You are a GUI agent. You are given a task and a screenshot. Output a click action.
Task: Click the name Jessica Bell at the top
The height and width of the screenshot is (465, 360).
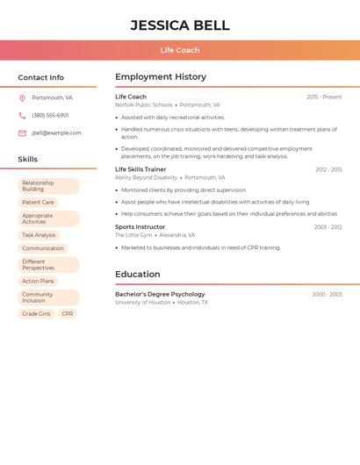point(180,25)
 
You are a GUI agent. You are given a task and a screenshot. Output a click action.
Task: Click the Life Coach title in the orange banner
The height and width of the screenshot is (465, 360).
point(180,50)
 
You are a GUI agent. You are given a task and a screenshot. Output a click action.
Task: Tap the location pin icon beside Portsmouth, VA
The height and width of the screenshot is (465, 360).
point(22,97)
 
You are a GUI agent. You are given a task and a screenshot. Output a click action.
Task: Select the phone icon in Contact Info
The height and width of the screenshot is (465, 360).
point(22,115)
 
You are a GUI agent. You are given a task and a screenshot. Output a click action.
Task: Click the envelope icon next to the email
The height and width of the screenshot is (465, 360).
point(22,133)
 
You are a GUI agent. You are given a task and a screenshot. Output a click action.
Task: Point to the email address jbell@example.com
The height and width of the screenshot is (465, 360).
point(56,133)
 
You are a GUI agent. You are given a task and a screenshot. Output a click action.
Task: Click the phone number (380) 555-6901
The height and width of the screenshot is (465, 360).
point(50,115)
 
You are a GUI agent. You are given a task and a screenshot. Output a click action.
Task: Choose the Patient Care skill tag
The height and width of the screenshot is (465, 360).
point(38,202)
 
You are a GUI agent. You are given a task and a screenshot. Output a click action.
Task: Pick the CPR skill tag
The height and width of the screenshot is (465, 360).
point(68,313)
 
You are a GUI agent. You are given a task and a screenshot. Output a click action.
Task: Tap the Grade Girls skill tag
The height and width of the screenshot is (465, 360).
point(36,313)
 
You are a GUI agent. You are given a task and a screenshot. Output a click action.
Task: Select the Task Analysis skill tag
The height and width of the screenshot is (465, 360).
point(39,235)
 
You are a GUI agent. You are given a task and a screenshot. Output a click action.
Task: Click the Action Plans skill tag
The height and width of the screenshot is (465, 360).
point(38,281)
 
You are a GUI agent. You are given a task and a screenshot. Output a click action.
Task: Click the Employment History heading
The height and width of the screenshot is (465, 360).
point(161,77)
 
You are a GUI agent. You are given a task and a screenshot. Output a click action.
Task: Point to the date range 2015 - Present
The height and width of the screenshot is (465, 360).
point(324,97)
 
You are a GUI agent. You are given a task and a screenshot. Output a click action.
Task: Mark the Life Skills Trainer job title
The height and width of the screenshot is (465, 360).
point(140,169)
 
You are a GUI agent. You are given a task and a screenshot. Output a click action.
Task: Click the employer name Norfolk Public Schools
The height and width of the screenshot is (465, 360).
point(144,104)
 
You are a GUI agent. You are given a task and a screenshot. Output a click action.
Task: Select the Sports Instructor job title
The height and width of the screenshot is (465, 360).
point(140,227)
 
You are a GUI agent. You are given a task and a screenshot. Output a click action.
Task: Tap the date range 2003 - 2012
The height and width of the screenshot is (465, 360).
point(328,227)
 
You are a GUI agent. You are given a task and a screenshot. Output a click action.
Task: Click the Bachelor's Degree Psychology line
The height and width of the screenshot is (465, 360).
point(160,294)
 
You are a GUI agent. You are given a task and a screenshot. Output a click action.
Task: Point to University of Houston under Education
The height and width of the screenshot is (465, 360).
point(142,302)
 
